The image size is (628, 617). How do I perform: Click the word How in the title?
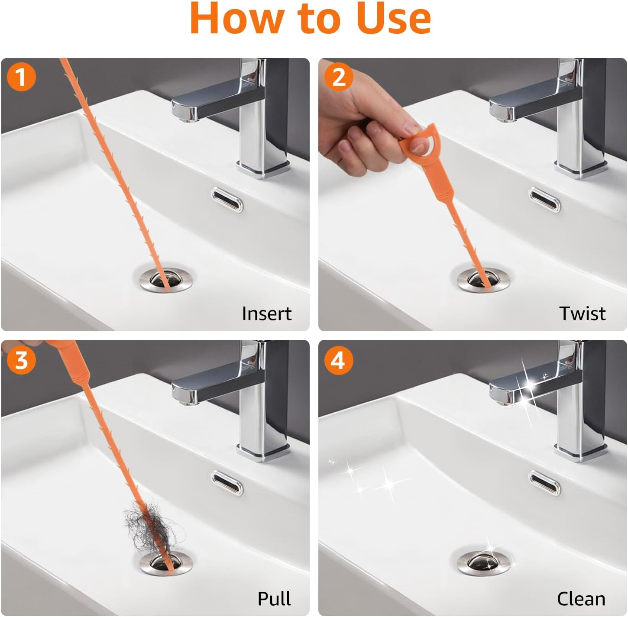pyautogui.click(x=236, y=18)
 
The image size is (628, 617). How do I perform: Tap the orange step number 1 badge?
pyautogui.click(x=21, y=77)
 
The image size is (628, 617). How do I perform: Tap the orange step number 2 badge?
pyautogui.click(x=339, y=77)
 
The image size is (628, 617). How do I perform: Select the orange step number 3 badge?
pyautogui.click(x=21, y=360)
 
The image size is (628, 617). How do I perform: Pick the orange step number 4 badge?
pyautogui.click(x=339, y=360)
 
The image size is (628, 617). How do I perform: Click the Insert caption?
pyautogui.click(x=266, y=313)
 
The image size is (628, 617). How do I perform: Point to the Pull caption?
pyautogui.click(x=274, y=599)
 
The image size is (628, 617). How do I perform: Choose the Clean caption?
pyautogui.click(x=581, y=599)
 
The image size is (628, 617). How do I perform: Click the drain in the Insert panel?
pyautogui.click(x=166, y=280)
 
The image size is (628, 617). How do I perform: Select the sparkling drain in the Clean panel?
pyautogui.click(x=484, y=563)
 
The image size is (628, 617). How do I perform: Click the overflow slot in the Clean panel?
pyautogui.click(x=544, y=483)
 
